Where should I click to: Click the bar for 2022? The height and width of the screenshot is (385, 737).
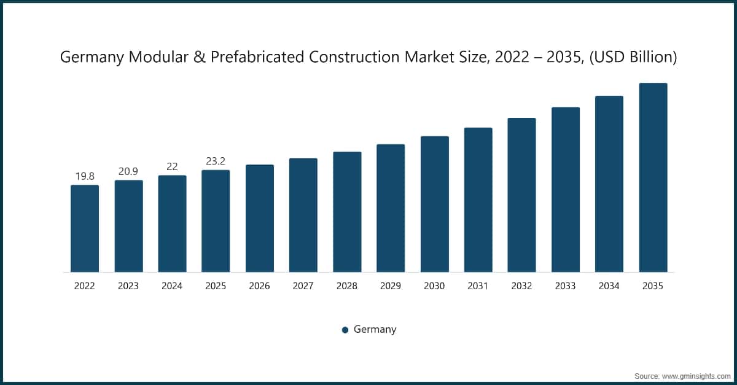(85, 228)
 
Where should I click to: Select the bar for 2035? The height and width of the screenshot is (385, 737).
(653, 177)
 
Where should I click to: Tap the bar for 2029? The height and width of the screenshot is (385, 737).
(391, 208)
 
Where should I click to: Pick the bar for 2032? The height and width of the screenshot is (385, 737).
(521, 195)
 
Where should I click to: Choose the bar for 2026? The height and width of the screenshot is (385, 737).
(259, 218)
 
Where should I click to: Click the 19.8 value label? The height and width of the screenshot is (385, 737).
(85, 176)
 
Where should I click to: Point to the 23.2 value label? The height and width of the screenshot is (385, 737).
(216, 161)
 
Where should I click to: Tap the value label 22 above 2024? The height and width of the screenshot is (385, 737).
(172, 167)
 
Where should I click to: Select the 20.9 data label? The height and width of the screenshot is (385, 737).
(128, 171)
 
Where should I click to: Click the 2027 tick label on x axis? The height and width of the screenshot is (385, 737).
(303, 286)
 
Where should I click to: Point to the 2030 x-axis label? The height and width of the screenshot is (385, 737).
(434, 286)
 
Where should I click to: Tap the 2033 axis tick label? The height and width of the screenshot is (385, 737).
(565, 286)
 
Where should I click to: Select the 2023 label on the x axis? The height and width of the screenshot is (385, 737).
(128, 286)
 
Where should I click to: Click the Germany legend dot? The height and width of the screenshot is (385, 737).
(345, 330)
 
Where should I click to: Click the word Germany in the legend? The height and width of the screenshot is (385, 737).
(375, 329)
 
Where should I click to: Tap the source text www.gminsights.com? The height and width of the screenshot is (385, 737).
(696, 375)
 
